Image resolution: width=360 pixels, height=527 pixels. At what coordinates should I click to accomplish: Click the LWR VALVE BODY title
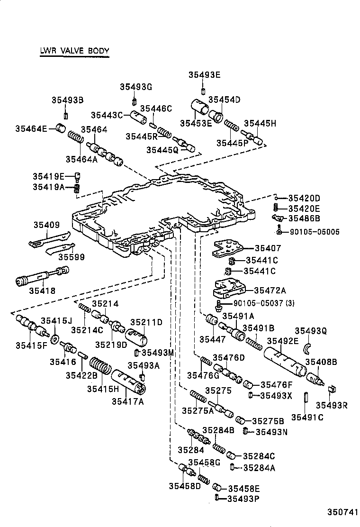(74, 51)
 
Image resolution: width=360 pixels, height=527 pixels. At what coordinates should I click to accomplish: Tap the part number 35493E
(204, 74)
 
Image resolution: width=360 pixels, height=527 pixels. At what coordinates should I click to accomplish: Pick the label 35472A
(273, 290)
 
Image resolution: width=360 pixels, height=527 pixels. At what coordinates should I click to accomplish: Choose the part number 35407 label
(268, 248)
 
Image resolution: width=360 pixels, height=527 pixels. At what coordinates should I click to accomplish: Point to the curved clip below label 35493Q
(308, 348)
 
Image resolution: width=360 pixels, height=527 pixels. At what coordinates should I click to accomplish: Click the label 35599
(71, 257)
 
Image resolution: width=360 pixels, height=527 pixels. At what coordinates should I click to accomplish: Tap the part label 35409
(46, 225)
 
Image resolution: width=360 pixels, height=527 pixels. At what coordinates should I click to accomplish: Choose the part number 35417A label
(127, 401)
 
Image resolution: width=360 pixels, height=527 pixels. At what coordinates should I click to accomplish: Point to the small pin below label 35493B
(66, 116)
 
